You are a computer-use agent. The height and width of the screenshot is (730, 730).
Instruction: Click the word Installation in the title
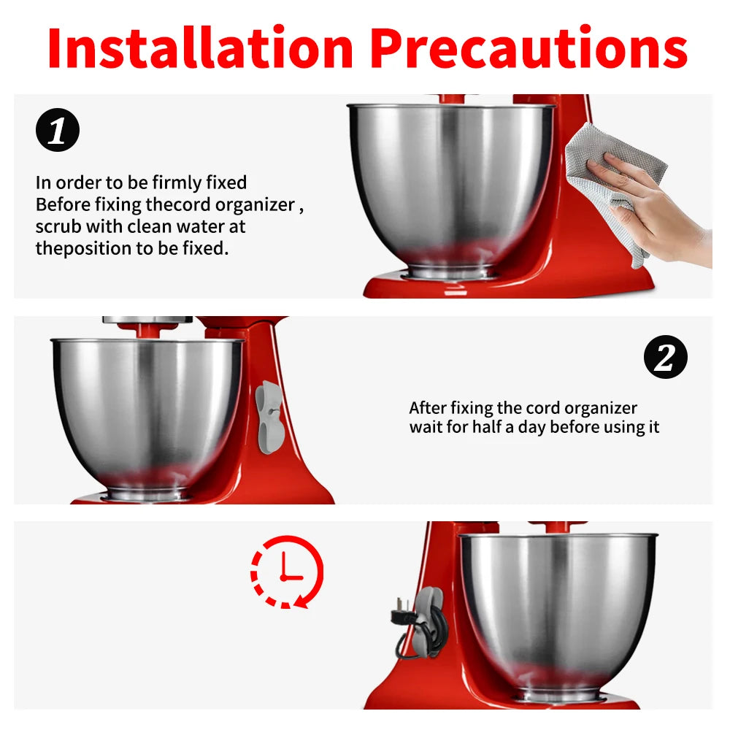201,48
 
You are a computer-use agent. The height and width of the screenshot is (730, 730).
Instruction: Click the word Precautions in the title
529,48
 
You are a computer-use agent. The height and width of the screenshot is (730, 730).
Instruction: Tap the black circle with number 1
58,130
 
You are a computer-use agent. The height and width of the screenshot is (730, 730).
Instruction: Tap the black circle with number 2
666,357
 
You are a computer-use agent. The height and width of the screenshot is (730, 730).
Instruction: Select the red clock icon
287,572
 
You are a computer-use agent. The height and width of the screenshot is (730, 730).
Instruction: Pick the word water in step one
201,227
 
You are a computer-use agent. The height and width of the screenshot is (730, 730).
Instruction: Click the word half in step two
489,426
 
